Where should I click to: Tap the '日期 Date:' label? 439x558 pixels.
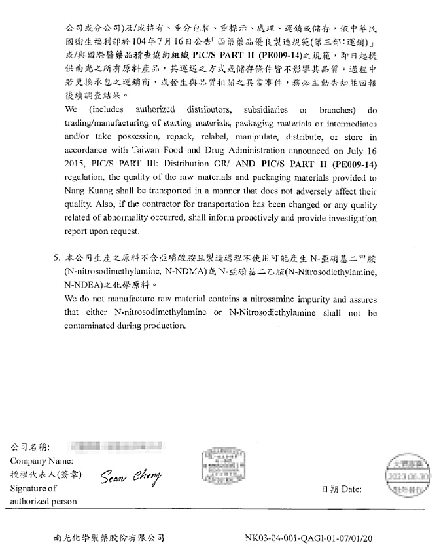(x=341, y=489)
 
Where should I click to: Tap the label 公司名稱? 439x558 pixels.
(x=31, y=447)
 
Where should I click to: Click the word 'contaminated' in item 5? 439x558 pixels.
(x=91, y=325)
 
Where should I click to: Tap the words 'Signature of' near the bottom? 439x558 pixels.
(x=33, y=488)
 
